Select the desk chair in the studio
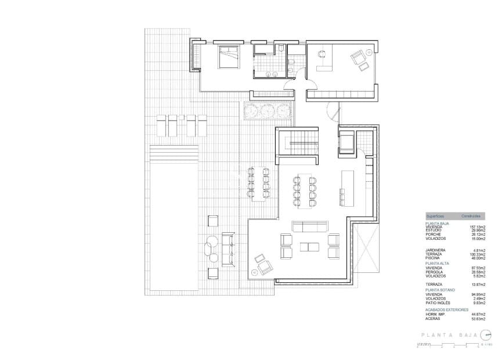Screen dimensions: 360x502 pyautogui.click(x=320, y=53)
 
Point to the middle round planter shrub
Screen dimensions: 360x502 pyautogui.click(x=267, y=110)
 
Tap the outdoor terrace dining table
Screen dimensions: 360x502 pyautogui.click(x=258, y=182)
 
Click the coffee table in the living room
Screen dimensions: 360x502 pyautogui.click(x=309, y=246)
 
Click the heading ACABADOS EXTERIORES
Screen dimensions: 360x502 pyautogui.click(x=447, y=309)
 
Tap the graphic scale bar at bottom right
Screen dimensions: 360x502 pyautogui.click(x=453, y=345)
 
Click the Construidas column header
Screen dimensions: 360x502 pyautogui.click(x=471, y=215)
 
